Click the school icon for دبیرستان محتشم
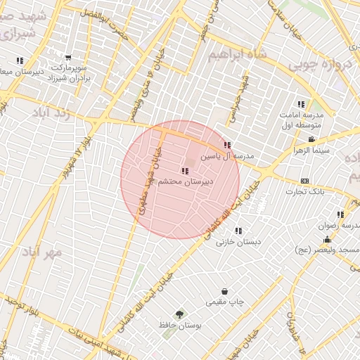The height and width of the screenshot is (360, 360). click(x=185, y=170)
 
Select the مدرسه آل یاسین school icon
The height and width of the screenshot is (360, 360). click(x=226, y=146)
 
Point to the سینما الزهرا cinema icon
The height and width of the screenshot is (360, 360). click(x=311, y=139)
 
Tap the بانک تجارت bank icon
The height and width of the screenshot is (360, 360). click(x=304, y=181)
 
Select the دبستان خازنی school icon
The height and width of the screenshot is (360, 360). click(x=238, y=231)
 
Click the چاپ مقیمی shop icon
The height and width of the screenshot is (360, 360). click(x=224, y=291)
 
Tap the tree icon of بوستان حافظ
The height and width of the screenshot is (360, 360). click(x=180, y=314)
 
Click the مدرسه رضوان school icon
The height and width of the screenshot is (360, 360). click(x=340, y=214)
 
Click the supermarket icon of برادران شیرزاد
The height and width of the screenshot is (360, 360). click(x=68, y=58)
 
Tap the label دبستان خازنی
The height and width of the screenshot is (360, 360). click(x=238, y=242)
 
